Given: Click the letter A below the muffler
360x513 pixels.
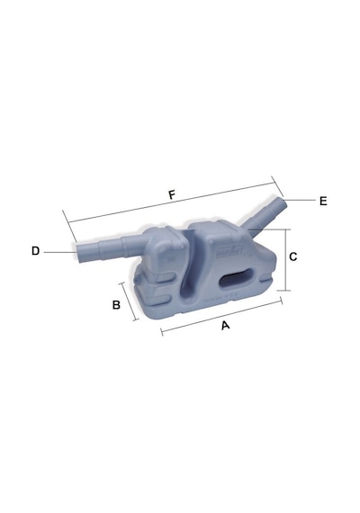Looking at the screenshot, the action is click(225, 325).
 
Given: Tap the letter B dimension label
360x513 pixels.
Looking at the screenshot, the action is click(116, 305).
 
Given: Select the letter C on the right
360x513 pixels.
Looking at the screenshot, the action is click(293, 256).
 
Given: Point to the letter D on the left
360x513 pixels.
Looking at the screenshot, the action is click(35, 251).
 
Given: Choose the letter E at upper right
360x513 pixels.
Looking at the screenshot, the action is click(323, 201).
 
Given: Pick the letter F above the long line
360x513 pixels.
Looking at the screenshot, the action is click(172, 195).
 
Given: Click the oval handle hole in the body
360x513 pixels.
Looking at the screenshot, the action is click(238, 278).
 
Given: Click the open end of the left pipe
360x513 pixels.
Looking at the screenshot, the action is click(79, 253).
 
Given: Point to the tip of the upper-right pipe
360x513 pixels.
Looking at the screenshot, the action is click(283, 203).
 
